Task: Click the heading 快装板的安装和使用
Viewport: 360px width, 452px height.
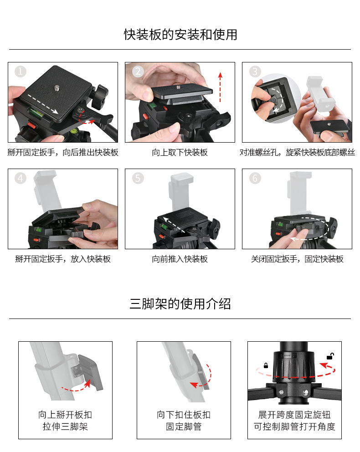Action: click(x=180, y=35)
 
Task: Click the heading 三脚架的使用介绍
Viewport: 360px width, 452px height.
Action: click(x=180, y=304)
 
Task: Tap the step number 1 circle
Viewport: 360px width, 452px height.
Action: click(x=21, y=71)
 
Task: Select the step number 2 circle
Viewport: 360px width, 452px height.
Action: click(x=138, y=71)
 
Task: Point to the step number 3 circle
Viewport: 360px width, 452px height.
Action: click(x=255, y=71)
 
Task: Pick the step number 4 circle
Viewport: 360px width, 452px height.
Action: click(x=21, y=178)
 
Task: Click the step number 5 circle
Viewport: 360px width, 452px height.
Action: click(x=138, y=178)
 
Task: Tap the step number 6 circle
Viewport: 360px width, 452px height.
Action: click(x=255, y=178)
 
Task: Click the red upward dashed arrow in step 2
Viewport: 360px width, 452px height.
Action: click(x=220, y=87)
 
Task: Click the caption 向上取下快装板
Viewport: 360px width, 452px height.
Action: click(x=180, y=153)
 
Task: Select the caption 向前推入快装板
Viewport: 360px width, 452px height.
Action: click(x=180, y=259)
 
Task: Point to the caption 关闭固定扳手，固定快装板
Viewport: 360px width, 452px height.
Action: click(x=297, y=259)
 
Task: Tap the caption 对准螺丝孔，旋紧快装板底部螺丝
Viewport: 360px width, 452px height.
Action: click(x=297, y=153)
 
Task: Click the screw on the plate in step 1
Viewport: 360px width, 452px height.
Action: click(x=57, y=87)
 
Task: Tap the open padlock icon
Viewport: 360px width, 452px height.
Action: click(x=330, y=356)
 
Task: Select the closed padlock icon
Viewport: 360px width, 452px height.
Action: click(x=266, y=365)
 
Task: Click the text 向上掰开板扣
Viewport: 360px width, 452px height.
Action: click(x=65, y=415)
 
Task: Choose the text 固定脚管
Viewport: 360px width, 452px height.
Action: click(x=184, y=426)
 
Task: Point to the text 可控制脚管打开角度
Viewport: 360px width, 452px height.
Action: click(x=294, y=426)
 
